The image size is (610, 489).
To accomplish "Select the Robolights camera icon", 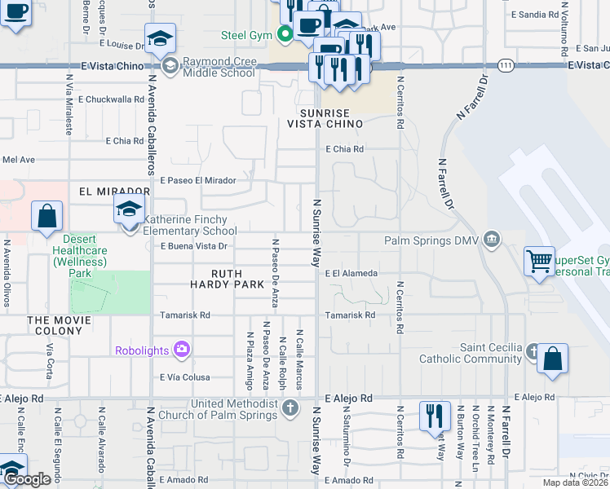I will [181, 350].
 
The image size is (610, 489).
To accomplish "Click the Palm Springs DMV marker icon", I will [491, 240].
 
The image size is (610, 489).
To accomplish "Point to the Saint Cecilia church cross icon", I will [533, 353].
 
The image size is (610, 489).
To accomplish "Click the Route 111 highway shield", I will [506, 64].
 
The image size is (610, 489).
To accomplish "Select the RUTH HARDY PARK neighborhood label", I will [238, 279].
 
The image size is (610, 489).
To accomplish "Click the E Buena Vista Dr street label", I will [192, 245].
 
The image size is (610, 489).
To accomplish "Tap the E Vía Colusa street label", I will [185, 377].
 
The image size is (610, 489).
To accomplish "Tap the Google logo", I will [28, 480].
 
